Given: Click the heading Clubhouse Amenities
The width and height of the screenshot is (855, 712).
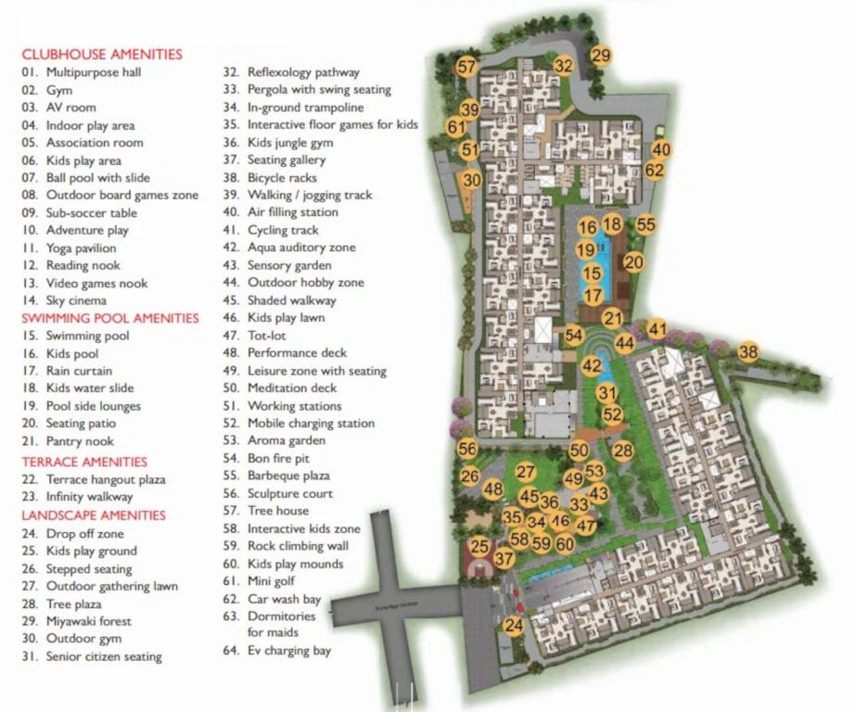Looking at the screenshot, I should coord(102,55).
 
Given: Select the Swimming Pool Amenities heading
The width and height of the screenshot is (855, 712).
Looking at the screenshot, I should coord(110,318).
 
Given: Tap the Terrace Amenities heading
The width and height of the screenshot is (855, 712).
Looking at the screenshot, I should coord(84,462).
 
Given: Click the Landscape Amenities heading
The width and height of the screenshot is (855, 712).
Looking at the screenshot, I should coord(94,515).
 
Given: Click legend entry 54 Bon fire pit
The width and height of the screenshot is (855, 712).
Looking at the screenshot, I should coord(279,458).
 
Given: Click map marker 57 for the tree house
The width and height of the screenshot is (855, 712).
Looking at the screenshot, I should coord(466,67).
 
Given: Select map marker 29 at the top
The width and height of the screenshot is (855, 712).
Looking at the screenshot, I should coord(601,56).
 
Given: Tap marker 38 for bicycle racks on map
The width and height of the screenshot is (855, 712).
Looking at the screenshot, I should coord(748,351).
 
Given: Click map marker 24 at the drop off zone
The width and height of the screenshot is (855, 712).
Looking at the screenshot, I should coord(514,626).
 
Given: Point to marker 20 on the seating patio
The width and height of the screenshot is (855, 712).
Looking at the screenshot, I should coord(633,262).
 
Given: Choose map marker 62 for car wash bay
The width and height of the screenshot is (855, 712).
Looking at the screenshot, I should coord(655,170).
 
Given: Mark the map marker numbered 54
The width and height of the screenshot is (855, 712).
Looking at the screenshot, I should coord(574,336).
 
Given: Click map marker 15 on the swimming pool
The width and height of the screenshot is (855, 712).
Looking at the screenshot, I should coord(592,273).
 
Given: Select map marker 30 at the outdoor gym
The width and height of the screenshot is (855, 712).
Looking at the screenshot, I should coord(472,181).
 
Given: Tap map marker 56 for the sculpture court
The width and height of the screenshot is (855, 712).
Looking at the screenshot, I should coord(467,449).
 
